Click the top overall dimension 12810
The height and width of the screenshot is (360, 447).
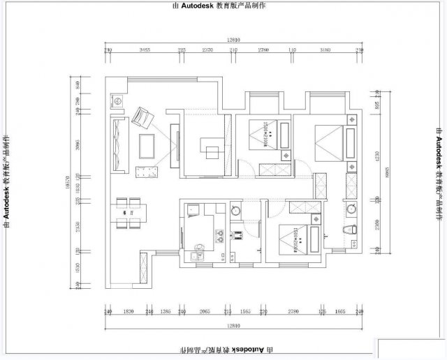[234, 40]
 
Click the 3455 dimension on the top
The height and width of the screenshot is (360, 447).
[145, 50]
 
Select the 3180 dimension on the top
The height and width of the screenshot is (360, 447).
[325, 50]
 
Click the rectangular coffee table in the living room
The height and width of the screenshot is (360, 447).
[148, 146]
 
